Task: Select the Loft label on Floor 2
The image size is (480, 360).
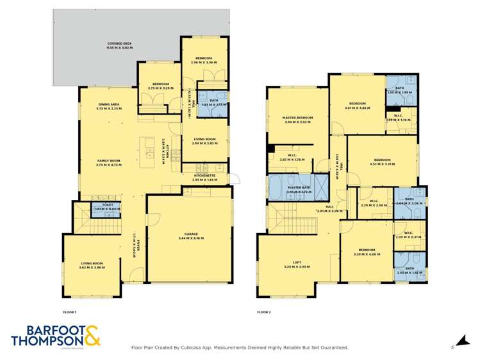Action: [x=297, y=262]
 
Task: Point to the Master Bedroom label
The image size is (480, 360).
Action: [x=297, y=117]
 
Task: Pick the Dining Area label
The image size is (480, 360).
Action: [x=108, y=104]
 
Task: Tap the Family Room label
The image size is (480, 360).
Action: [x=108, y=160]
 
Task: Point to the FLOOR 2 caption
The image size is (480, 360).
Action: [x=264, y=312]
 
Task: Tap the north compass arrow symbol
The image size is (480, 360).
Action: [x=459, y=341]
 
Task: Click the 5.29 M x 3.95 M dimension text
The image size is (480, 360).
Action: [x=297, y=266]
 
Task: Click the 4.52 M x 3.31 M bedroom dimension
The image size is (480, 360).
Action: [x=382, y=164]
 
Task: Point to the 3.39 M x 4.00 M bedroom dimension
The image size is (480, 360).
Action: [x=367, y=254]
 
